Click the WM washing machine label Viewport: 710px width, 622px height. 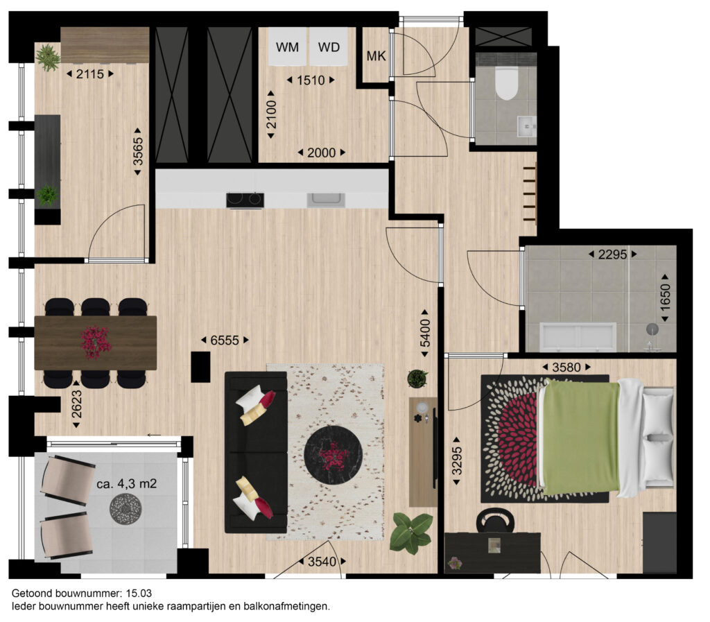click(287, 47)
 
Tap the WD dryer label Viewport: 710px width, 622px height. click(329, 47)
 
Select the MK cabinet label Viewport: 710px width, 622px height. click(376, 56)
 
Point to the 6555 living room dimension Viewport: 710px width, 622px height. click(225, 340)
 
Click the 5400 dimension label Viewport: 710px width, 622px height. click(425, 333)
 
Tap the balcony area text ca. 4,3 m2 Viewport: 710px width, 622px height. click(127, 484)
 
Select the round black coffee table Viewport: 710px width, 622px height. click(334, 454)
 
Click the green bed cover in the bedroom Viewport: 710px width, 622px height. click(582, 438)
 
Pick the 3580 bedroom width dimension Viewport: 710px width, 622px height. click(566, 367)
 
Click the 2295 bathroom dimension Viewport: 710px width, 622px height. click(612, 254)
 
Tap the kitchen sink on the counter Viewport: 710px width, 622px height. click(326, 200)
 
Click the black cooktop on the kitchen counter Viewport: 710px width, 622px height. click(245, 200)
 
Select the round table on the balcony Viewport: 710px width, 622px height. click(125, 509)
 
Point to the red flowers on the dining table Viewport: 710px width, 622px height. click(96, 342)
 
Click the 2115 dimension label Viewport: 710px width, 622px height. click(89, 74)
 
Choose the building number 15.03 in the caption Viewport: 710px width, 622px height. click(139, 594)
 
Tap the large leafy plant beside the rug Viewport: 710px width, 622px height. click(411, 533)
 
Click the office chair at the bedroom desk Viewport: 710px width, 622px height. click(495, 521)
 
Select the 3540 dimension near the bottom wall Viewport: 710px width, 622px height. click(322, 562)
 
